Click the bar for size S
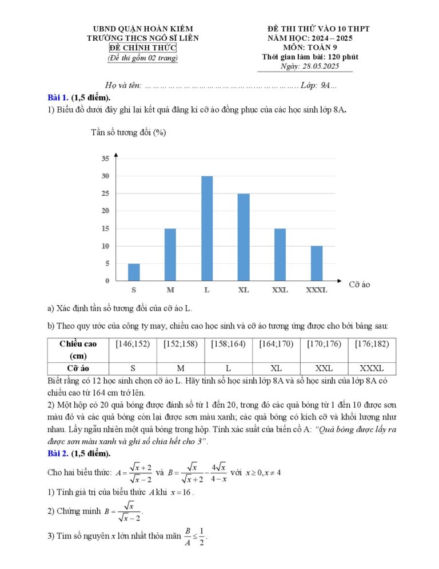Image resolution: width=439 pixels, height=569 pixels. [134, 272]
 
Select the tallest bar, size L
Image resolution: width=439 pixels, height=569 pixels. [207, 228]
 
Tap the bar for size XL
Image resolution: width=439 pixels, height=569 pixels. [244, 237]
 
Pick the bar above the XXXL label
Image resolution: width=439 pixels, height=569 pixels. [317, 263]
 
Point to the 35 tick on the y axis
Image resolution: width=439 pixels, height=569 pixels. [105, 158]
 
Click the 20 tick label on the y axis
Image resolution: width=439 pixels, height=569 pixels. [105, 211]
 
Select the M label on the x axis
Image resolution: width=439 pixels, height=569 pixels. [170, 290]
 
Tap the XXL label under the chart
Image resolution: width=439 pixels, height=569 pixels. [280, 290]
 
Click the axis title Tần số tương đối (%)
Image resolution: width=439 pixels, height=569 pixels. [129, 133]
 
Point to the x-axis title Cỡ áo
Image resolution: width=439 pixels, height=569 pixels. [360, 284]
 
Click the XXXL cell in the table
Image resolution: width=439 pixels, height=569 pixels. [372, 368]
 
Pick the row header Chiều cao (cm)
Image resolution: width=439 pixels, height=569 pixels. [78, 349]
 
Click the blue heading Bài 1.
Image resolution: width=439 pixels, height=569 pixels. [58, 97]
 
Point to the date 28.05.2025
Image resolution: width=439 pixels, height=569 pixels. [318, 66]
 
